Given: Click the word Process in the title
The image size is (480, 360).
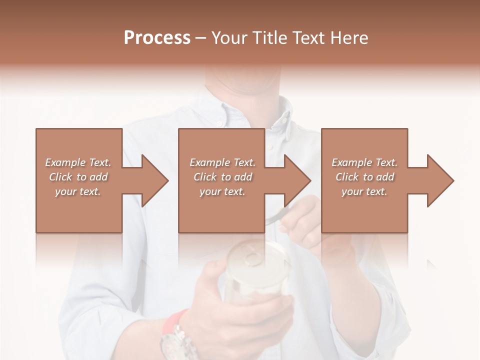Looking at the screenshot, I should click(157, 38).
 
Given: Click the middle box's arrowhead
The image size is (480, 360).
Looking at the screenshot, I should click(300, 180).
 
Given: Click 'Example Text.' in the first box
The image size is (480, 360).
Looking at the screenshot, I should click(78, 162).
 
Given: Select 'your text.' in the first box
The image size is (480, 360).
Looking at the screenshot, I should click(78, 191).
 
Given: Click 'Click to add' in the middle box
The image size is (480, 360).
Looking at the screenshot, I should click(222, 177).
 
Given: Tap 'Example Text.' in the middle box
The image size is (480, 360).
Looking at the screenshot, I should click(222, 162).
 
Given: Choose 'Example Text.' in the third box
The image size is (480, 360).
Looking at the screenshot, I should click(364, 162).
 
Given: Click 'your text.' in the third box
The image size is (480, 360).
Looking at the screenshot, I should click(364, 191).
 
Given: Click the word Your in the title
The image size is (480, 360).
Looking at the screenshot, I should click(229, 38).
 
